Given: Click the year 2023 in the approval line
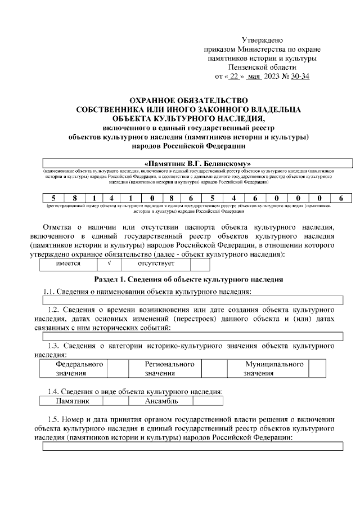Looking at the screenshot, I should (269, 76).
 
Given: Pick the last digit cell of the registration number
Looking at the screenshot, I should (340, 198).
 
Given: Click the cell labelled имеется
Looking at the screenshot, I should (68, 263).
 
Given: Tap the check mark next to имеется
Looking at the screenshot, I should (109, 263).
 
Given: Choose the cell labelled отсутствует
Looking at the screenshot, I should (156, 263).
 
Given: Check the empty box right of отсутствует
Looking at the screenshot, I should (200, 263).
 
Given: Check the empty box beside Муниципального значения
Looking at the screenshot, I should (317, 369).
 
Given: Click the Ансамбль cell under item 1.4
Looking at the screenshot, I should (160, 401).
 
